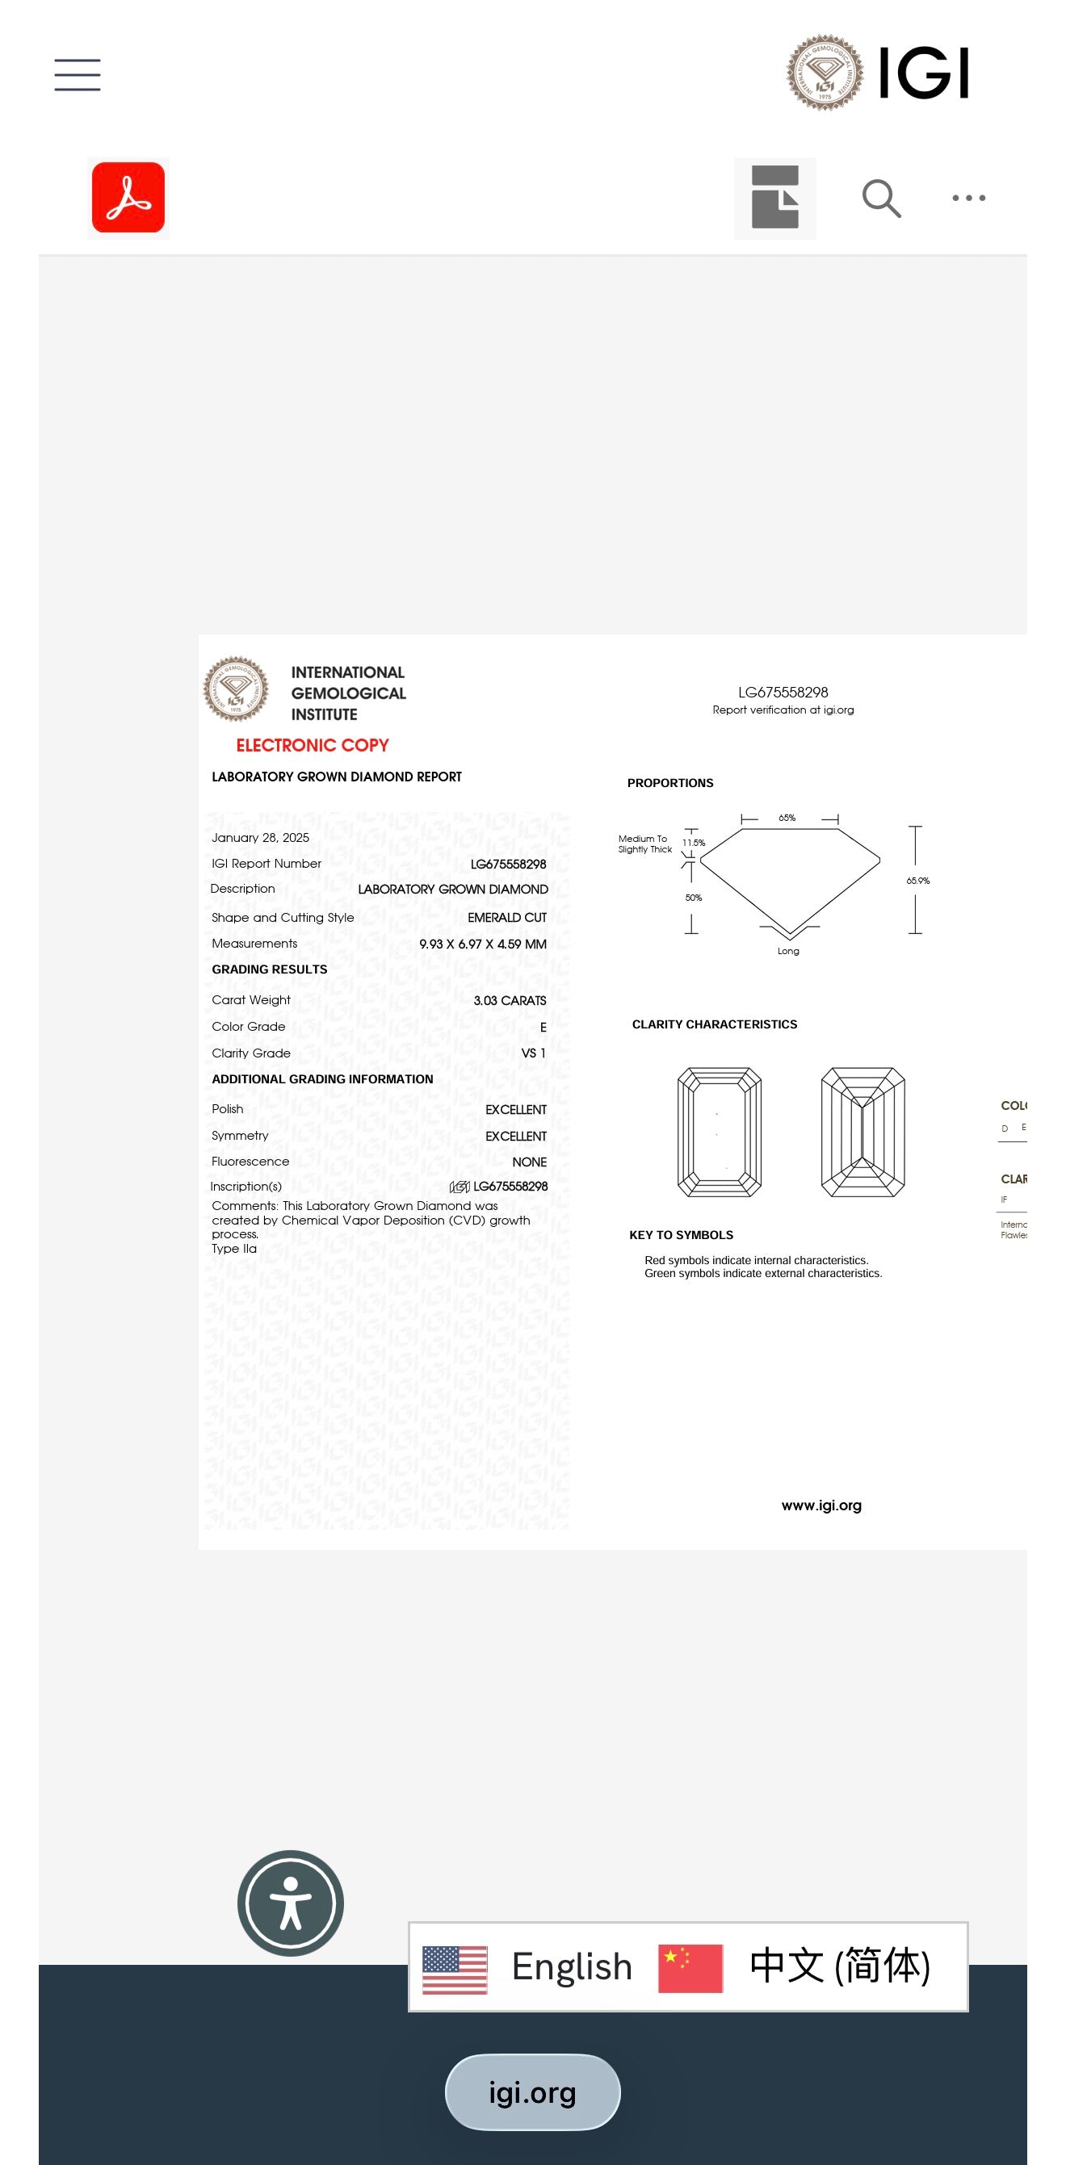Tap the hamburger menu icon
(78, 75)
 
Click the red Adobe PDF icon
(128, 198)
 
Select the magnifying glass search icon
(881, 199)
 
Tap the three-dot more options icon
(968, 199)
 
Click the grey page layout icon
(774, 199)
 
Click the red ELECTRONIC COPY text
(312, 744)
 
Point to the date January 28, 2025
(261, 837)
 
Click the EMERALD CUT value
(507, 917)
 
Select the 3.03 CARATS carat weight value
(510, 1000)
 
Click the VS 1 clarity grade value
(533, 1053)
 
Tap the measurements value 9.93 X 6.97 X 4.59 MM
(483, 944)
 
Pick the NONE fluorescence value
(529, 1162)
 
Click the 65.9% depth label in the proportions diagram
(917, 881)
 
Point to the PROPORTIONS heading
(670, 782)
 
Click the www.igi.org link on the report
(821, 1505)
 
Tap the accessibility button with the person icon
(291, 1903)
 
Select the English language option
(572, 1966)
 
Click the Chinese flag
(690, 1967)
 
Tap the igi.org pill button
(532, 2092)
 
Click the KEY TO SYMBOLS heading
(681, 1234)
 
